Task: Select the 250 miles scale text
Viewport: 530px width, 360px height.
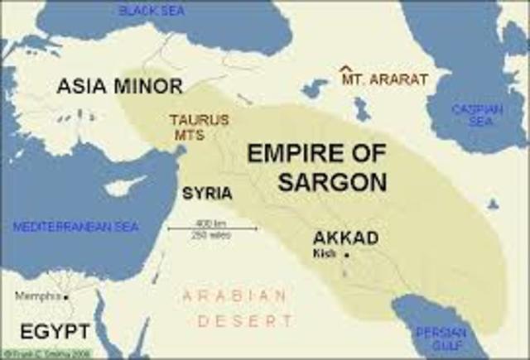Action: (x=200, y=236)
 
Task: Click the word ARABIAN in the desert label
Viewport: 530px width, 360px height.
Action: (x=235, y=295)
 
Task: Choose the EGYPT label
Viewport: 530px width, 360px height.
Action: (x=55, y=331)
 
